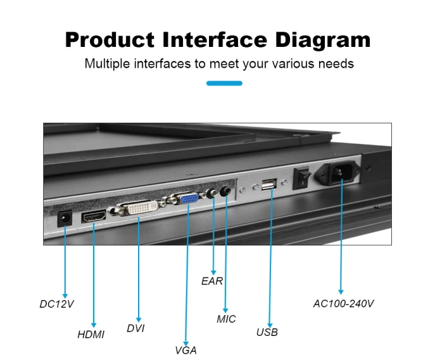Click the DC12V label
click(56, 304)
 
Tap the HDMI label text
click(91, 335)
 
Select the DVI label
click(136, 328)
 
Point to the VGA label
click(186, 350)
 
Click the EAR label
click(212, 281)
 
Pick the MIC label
click(226, 319)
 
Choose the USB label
click(267, 332)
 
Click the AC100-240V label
click(343, 304)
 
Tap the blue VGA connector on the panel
click(189, 198)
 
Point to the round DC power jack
click(65, 219)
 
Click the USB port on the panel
click(269, 184)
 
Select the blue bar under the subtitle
click(224, 83)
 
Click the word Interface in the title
click(215, 40)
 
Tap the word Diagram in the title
click(323, 40)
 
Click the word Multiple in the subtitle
click(107, 63)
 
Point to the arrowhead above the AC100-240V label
click(341, 292)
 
